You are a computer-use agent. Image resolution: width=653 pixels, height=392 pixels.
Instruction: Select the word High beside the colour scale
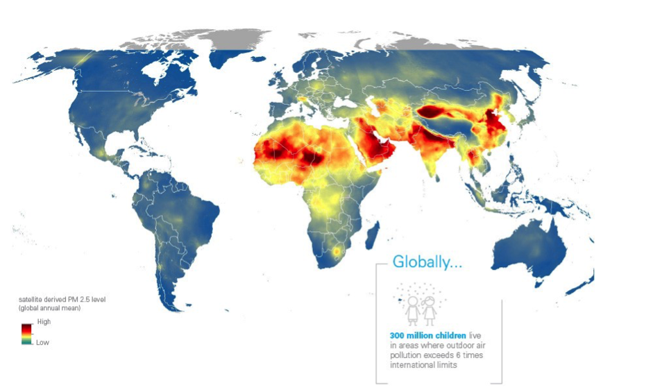pyautogui.click(x=43, y=322)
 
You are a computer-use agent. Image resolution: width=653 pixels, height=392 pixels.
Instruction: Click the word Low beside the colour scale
pyautogui.click(x=42, y=343)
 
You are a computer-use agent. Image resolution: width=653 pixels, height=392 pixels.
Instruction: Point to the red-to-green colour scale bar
pyautogui.click(x=26, y=333)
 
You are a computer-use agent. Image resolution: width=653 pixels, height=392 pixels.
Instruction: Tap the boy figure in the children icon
pyautogui.click(x=414, y=311)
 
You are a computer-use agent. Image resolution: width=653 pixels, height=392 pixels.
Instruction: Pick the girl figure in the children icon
pyautogui.click(x=430, y=311)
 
